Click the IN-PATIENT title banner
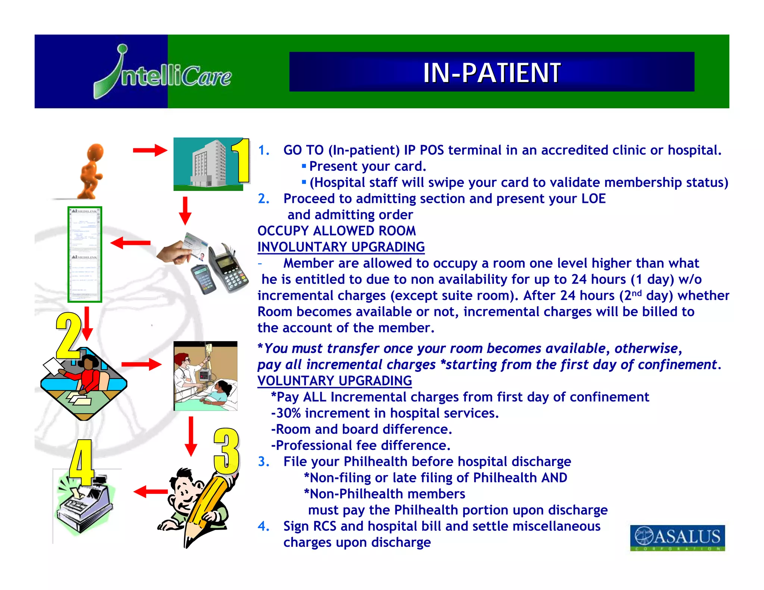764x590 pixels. (491, 72)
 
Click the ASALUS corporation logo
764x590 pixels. (677, 537)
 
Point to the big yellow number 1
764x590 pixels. (241, 160)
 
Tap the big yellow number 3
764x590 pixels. (226, 451)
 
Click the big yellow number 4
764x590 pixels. (81, 462)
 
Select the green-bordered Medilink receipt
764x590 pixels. (85, 254)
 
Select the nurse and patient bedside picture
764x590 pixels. (205, 376)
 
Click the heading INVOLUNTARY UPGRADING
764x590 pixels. (341, 247)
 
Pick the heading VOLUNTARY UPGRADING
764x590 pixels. (335, 381)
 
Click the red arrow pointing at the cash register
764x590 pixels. (150, 492)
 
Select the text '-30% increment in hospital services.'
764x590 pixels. (385, 413)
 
